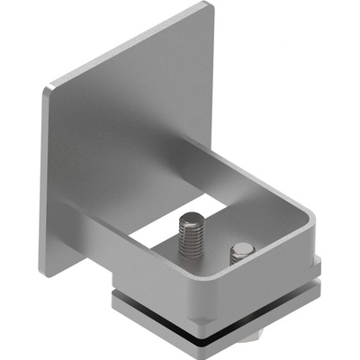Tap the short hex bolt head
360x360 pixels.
click(x=242, y=253)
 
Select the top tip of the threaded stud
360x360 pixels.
click(x=190, y=217)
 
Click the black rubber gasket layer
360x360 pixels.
click(x=216, y=310)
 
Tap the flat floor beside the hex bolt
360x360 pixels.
click(x=220, y=266)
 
